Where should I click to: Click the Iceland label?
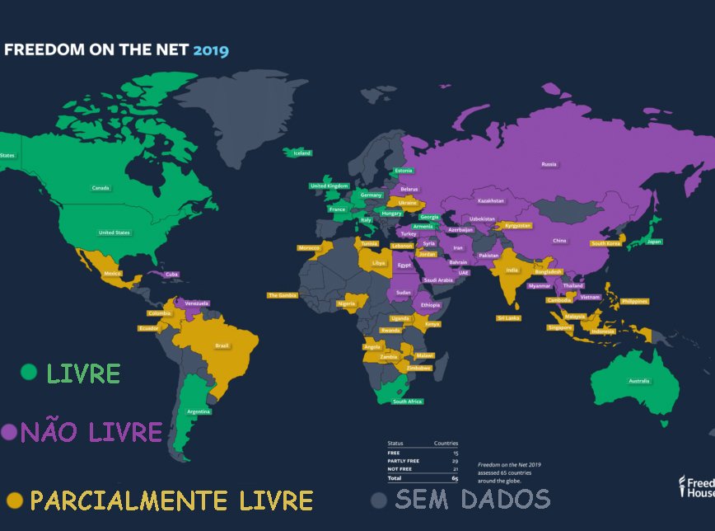coord(302,153)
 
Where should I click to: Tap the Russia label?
coord(549,164)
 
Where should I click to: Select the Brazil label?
coord(222,345)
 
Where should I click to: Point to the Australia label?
coord(639,381)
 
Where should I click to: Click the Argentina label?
coord(199,411)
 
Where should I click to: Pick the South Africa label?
coord(407,402)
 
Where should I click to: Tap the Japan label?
coord(654,242)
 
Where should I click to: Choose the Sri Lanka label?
coord(507,317)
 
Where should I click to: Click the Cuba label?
coord(172,274)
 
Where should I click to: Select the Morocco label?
coord(309,247)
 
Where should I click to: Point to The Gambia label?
coord(281,294)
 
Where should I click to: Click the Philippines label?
coord(635,301)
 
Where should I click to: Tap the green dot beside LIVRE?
coord(29,373)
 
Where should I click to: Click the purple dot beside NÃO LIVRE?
coord(9,431)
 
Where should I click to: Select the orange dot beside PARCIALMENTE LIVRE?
coord(14,500)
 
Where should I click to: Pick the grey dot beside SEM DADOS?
coord(378,500)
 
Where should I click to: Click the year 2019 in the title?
coord(211,49)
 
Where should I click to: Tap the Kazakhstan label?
coord(490,200)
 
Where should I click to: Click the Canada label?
coord(100,188)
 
